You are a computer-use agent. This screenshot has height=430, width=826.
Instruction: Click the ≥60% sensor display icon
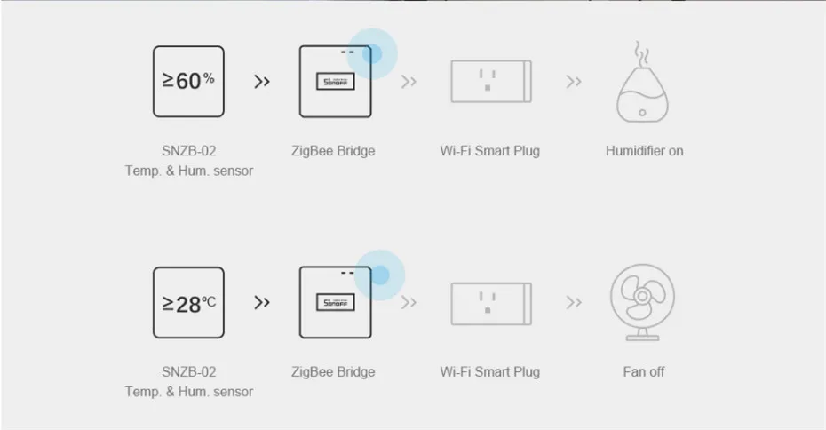pos(188,82)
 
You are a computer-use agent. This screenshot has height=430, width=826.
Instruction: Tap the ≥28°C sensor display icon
pos(188,303)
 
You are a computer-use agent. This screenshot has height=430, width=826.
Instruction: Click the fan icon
pos(643,302)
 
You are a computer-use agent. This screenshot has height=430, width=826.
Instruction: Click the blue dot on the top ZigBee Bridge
pos(372,52)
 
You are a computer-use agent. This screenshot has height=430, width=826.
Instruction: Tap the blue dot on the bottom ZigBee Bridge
pos(379,274)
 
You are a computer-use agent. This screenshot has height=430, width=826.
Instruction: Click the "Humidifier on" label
pos(644,151)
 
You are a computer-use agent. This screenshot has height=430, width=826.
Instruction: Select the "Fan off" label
pos(644,372)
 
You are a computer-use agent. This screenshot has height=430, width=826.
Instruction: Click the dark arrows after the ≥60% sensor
pos(262,82)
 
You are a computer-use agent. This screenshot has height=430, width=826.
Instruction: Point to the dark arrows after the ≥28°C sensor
pos(262,303)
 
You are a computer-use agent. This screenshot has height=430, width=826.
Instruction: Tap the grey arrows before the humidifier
pos(574,82)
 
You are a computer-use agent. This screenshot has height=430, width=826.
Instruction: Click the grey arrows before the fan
pos(574,303)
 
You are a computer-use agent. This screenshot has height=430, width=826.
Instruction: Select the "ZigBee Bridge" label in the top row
pos(333,151)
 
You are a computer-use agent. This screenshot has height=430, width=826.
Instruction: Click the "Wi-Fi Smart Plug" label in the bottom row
pos(489,372)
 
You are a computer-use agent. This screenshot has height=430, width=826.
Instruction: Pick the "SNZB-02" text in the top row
pos(188,151)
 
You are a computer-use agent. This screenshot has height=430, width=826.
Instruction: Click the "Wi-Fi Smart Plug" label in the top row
pos(489,151)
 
